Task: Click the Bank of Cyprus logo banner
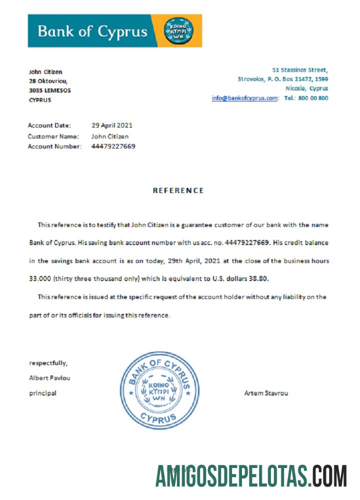click(114, 31)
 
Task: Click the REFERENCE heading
click(178, 190)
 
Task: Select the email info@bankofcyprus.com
click(244, 98)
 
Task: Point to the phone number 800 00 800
click(313, 98)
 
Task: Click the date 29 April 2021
click(112, 125)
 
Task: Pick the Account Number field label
click(54, 146)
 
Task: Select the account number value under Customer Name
click(113, 146)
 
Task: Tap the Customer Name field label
click(53, 136)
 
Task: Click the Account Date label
click(49, 125)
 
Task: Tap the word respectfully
click(48, 363)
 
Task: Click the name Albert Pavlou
click(49, 378)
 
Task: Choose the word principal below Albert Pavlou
click(42, 393)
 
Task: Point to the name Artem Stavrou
click(266, 393)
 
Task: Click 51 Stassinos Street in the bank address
click(300, 70)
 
